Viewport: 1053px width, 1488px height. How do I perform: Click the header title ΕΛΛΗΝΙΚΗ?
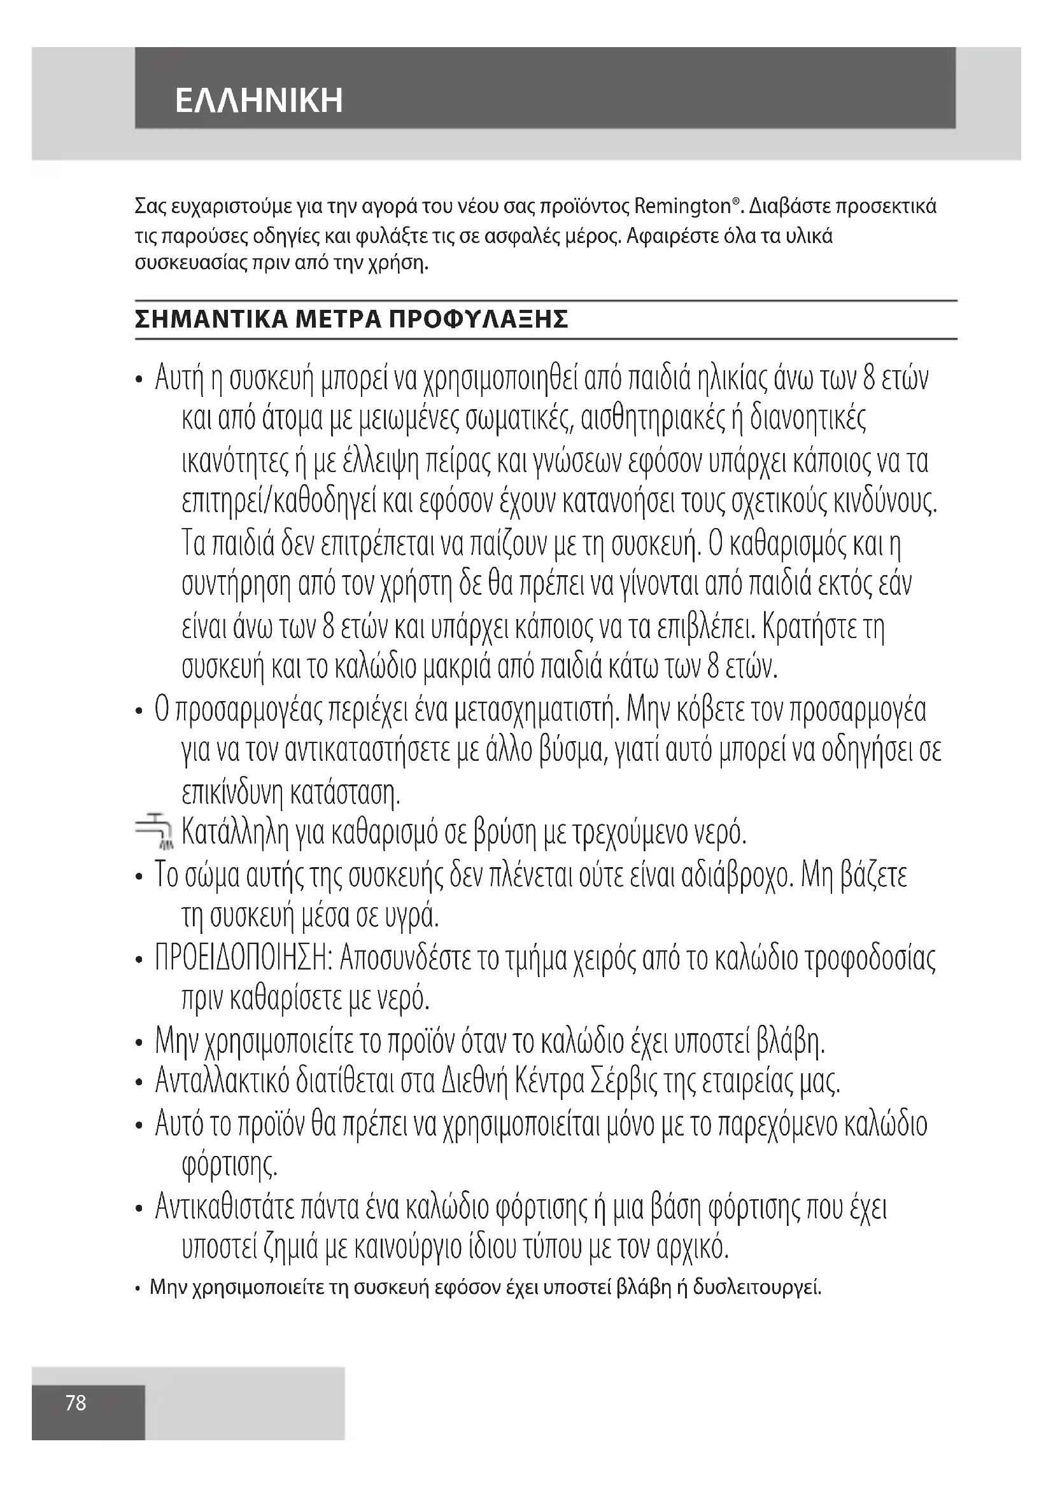258,101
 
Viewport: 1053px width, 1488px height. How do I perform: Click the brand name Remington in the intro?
682,207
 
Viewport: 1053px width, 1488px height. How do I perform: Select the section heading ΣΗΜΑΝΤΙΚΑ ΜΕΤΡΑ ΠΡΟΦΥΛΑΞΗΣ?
351,319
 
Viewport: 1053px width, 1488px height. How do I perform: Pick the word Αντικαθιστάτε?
222,1207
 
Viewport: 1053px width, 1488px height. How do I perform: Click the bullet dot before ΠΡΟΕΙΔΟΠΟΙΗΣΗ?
138,960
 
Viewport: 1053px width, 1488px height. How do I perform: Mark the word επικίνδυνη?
233,792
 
